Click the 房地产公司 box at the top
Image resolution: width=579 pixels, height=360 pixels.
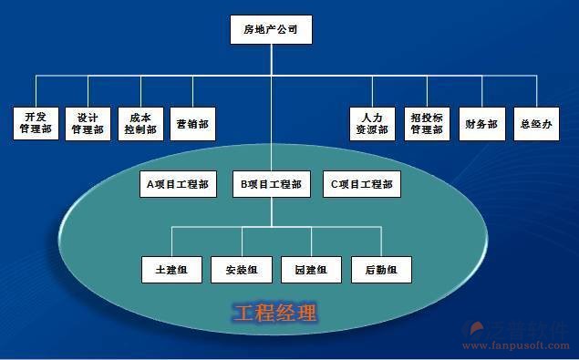271,30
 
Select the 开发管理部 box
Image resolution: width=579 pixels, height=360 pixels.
36,123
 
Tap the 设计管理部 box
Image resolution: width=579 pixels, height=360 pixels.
88,123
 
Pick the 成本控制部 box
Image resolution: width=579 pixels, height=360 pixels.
140,123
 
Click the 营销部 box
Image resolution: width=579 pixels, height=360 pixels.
193,123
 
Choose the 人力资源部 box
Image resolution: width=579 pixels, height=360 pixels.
372,123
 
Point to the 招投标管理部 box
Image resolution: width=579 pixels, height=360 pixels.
427,123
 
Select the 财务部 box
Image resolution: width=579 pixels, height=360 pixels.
481,123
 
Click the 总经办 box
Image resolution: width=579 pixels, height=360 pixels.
535,123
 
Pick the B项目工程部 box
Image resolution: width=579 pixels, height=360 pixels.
271,184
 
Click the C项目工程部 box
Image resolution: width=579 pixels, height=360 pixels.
362,184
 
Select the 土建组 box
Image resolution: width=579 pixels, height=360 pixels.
171,270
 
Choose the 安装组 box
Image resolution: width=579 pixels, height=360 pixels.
241,270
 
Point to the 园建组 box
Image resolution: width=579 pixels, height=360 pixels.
311,270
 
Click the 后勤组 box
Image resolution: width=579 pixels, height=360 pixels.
381,270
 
